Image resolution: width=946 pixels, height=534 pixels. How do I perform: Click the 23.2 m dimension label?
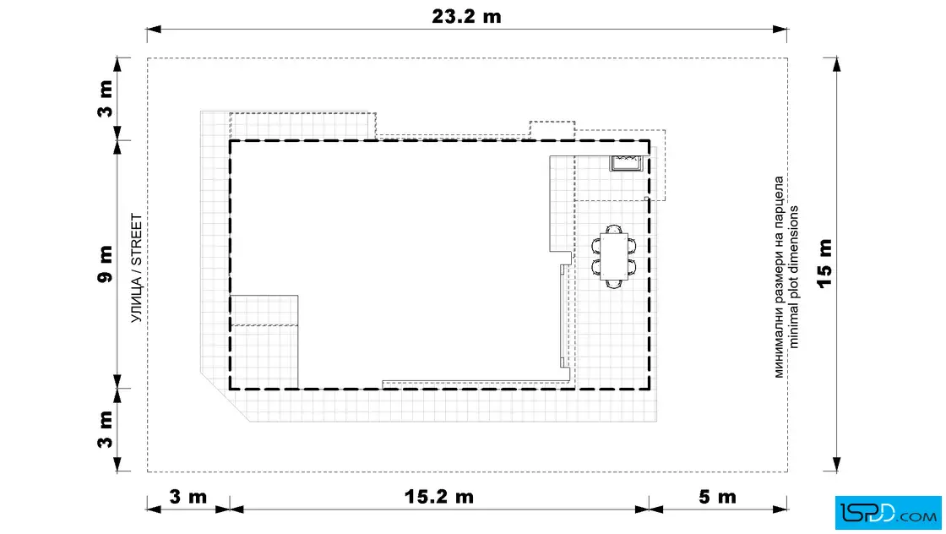click(466, 16)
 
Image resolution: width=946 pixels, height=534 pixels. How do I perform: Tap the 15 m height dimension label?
click(824, 264)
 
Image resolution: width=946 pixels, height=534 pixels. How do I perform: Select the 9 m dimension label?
click(105, 264)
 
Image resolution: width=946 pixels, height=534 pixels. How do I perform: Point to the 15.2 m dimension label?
click(438, 497)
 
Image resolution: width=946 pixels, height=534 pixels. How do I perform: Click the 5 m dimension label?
click(717, 497)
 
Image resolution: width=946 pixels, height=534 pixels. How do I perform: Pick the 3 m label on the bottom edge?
click(188, 497)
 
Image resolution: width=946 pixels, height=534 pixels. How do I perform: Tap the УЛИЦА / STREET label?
click(137, 268)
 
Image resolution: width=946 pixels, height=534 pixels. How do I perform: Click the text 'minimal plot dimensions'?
click(793, 277)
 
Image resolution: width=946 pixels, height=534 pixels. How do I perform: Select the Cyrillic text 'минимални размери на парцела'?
click(779, 277)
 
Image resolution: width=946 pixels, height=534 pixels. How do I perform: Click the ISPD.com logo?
click(888, 512)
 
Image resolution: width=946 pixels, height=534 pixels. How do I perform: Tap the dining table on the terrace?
click(613, 257)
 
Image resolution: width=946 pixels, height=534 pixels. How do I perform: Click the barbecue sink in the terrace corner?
click(626, 163)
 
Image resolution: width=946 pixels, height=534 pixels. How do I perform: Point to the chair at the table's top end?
click(613, 229)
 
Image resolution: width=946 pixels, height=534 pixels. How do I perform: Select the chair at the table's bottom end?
click(613, 283)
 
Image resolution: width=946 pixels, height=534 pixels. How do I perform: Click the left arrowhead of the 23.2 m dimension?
click(154, 29)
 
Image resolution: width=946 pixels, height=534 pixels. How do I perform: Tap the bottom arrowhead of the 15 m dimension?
click(836, 465)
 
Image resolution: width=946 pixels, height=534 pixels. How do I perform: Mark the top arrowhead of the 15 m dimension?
click(836, 65)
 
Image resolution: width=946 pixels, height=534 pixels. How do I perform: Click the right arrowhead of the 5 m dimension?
click(780, 509)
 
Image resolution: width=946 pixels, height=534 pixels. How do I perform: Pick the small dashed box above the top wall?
click(552, 130)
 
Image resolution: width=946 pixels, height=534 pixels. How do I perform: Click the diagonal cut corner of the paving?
click(225, 398)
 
